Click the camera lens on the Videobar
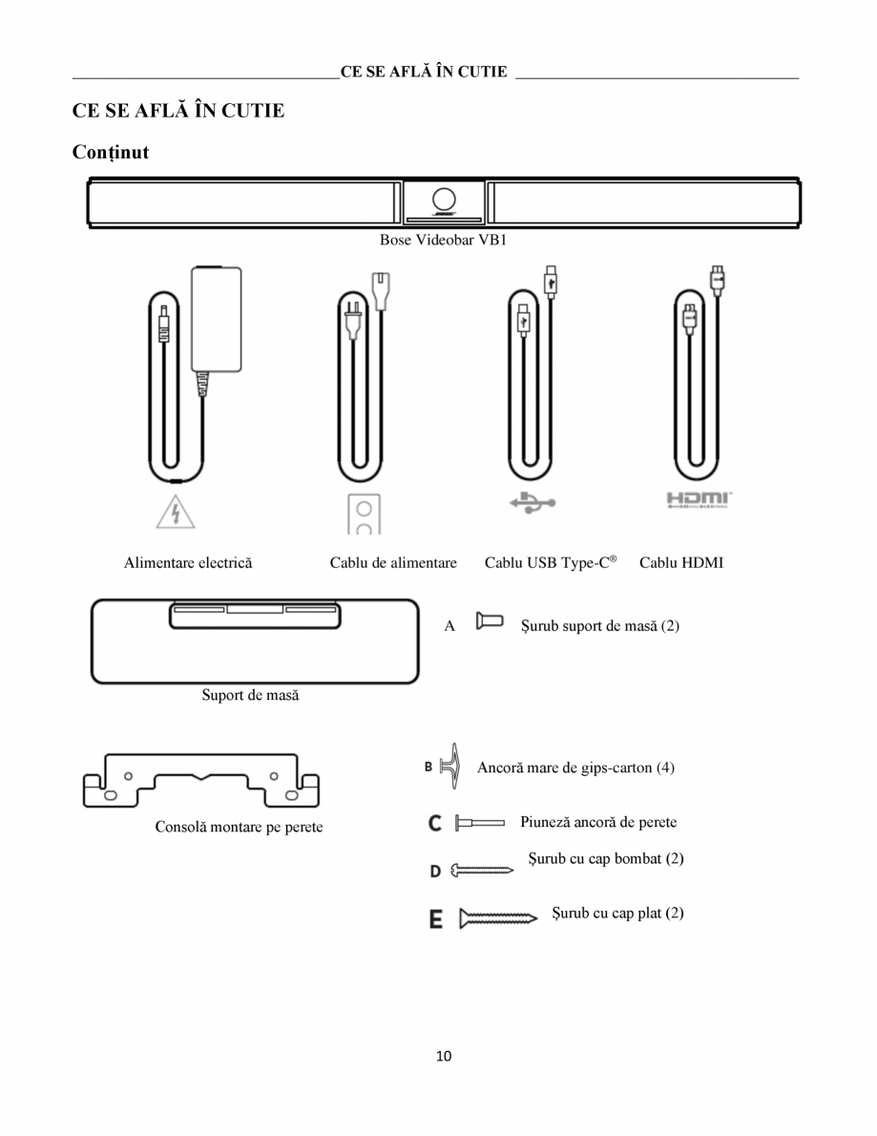pyautogui.click(x=444, y=200)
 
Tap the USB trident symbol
pyautogui.click(x=532, y=502)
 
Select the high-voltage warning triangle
pyautogui.click(x=176, y=512)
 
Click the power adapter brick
pyautogui.click(x=217, y=319)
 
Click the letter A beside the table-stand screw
pyautogui.click(x=449, y=627)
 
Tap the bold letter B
pyautogui.click(x=429, y=767)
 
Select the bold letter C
pyautogui.click(x=434, y=822)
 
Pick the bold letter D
pyautogui.click(x=435, y=871)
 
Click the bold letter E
pyautogui.click(x=435, y=919)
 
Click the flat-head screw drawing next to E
pyautogui.click(x=500, y=919)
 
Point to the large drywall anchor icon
pyautogui.click(x=453, y=766)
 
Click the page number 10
pyautogui.click(x=443, y=1056)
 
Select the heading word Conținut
pyautogui.click(x=111, y=152)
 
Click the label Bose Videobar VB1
pyautogui.click(x=443, y=240)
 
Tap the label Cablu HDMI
pyautogui.click(x=681, y=563)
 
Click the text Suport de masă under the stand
pyautogui.click(x=250, y=696)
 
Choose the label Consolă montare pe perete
pyautogui.click(x=239, y=827)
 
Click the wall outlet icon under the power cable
pyautogui.click(x=364, y=515)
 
